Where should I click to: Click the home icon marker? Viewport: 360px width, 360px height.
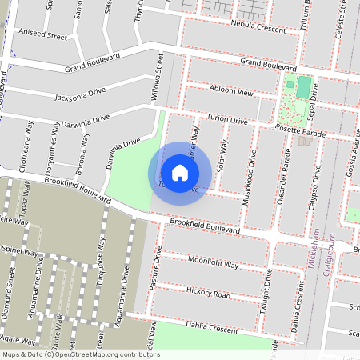179,173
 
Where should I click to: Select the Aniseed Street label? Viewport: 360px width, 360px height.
45,36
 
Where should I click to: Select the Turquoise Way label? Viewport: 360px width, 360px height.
99,261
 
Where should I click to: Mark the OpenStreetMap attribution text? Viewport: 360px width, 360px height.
80,354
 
